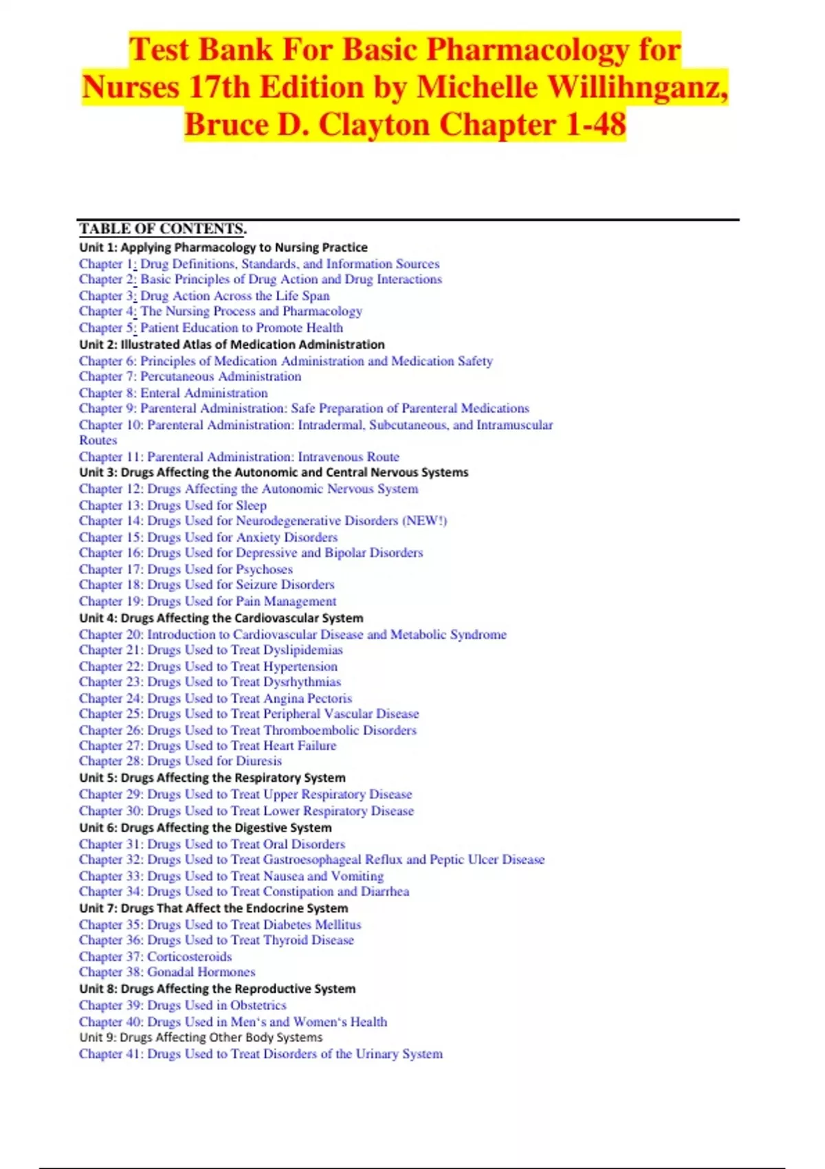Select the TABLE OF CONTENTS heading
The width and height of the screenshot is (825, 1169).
pyautogui.click(x=162, y=229)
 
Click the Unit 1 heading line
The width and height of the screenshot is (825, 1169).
pyautogui.click(x=223, y=247)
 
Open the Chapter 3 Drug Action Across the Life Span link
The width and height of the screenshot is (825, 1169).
pyautogui.click(x=204, y=296)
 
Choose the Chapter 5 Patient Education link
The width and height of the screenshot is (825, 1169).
pyautogui.click(x=210, y=328)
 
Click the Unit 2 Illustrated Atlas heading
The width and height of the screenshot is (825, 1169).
pyautogui.click(x=232, y=345)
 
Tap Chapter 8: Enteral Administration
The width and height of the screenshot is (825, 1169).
pyautogui.click(x=173, y=393)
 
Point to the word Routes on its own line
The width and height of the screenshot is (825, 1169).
pyautogui.click(x=98, y=440)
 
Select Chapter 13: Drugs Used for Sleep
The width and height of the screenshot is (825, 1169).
pyautogui.click(x=173, y=505)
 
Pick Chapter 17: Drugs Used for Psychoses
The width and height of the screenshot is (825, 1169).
pyautogui.click(x=186, y=569)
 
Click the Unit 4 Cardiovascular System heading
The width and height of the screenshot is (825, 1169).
pyautogui.click(x=221, y=618)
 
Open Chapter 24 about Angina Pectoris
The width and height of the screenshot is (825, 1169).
pyautogui.click(x=215, y=698)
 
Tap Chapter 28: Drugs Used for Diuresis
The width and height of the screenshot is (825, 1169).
pyautogui.click(x=180, y=761)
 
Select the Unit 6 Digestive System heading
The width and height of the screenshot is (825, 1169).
pyautogui.click(x=205, y=827)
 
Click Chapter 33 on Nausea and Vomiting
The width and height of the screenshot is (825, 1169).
pyautogui.click(x=231, y=876)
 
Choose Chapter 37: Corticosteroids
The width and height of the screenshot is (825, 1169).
pyautogui.click(x=155, y=957)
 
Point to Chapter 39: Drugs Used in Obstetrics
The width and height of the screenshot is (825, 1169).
pyautogui.click(x=182, y=1005)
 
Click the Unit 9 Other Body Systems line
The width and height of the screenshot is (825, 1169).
pyautogui.click(x=200, y=1037)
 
